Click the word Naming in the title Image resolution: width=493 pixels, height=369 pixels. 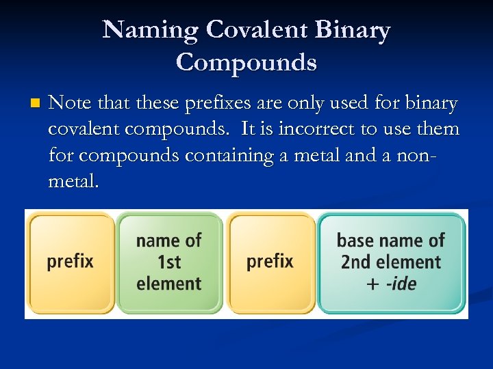(x=150, y=30)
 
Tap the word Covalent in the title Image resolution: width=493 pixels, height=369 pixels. (x=255, y=30)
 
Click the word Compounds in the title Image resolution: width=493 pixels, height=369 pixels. (x=246, y=62)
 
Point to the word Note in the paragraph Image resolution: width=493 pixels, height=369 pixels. (x=70, y=103)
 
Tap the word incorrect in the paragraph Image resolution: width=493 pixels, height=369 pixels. (x=318, y=129)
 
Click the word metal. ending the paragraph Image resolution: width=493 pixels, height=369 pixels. (x=74, y=181)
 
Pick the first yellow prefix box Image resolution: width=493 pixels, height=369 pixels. (x=71, y=262)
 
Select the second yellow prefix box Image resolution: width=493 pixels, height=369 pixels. (x=270, y=262)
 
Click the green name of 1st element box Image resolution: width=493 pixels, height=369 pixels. (x=169, y=262)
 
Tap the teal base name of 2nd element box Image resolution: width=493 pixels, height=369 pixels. (x=391, y=262)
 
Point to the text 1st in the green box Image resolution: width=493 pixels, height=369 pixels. (x=168, y=262)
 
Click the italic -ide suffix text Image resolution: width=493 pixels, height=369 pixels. (x=401, y=284)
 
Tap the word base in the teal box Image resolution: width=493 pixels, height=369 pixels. (x=354, y=241)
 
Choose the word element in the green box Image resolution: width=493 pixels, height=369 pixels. (x=169, y=284)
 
